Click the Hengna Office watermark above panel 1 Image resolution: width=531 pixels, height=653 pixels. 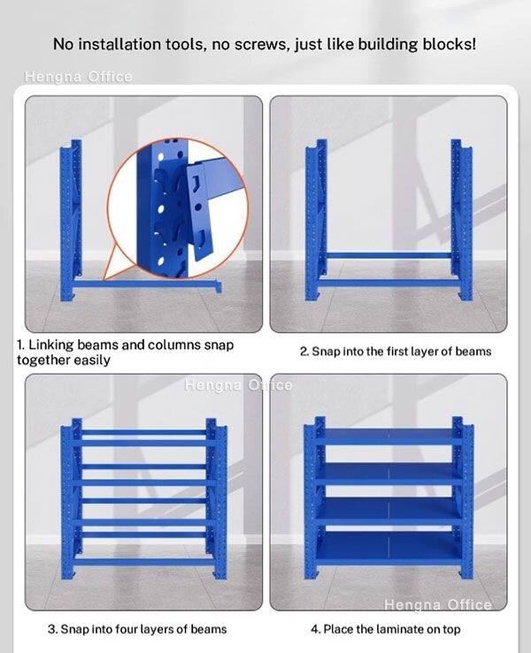79,77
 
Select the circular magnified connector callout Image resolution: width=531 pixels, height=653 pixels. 177,209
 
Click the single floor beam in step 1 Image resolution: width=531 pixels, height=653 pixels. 147,285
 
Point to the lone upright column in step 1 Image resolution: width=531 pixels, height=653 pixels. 71,220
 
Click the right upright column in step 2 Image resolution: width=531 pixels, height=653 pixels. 461,219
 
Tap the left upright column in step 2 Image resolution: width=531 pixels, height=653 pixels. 316,219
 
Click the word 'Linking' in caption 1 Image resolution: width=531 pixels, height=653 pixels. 51,345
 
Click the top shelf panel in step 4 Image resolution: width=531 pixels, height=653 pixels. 389,435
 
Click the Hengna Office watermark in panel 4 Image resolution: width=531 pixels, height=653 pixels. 438,604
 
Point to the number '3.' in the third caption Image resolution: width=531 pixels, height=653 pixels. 53,629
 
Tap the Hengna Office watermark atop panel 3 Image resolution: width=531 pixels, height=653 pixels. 238,385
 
